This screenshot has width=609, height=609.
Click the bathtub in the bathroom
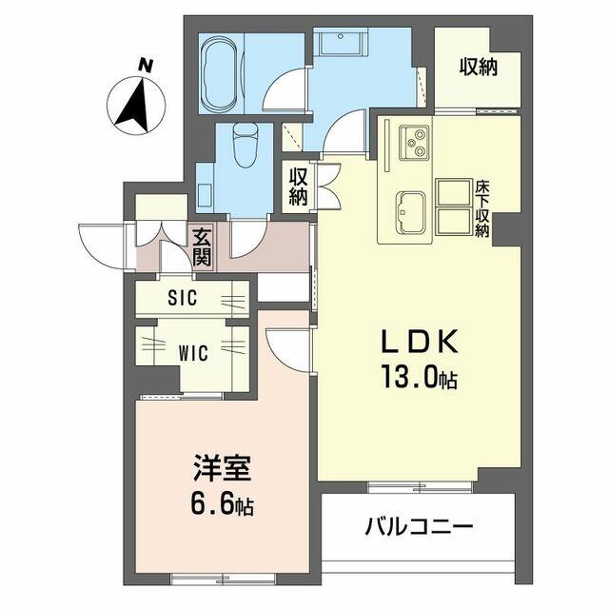220,74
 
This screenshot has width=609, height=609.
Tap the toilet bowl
246,145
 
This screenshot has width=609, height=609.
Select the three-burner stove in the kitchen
415,142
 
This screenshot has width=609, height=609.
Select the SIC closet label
183,298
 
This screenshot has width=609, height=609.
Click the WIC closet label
193,353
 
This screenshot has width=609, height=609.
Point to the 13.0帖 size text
419,377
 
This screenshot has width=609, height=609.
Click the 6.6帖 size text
222,504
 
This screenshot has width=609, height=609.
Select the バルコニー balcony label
419,527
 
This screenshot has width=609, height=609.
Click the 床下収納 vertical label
482,209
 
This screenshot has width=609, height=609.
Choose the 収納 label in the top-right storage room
479,68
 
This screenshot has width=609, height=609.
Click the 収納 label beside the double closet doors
298,187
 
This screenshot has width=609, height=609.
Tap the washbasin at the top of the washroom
341,42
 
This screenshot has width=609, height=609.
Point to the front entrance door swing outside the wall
101,246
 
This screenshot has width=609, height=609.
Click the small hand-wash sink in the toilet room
205,196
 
